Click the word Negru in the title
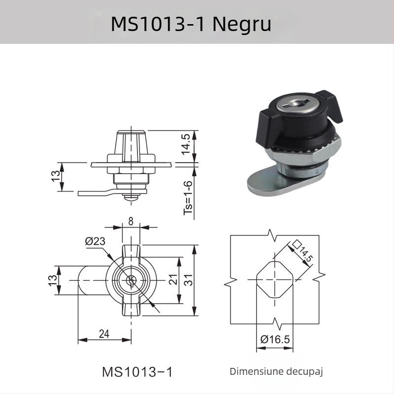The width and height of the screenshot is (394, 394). click(x=242, y=23)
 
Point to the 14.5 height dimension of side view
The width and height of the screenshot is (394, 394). click(x=187, y=143)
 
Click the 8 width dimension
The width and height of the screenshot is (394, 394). click(x=131, y=221)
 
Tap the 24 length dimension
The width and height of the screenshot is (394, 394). click(x=104, y=334)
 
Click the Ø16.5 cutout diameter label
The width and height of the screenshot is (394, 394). click(x=275, y=339)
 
